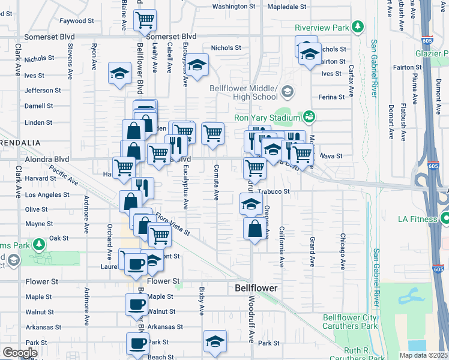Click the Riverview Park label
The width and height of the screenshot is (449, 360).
tap(322, 28)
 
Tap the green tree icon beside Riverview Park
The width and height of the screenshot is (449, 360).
tap(358, 27)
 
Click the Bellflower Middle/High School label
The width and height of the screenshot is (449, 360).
tap(244, 92)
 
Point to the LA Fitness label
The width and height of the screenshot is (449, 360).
tap(417, 219)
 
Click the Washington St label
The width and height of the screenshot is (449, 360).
tap(234, 7)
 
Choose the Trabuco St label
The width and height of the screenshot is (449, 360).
tap(278, 192)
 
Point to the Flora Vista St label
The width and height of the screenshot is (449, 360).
tap(172, 224)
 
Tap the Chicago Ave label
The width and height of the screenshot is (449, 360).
tap(342, 251)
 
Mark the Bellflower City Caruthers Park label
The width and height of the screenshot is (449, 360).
tap(350, 322)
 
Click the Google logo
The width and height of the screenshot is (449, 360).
tap(20, 353)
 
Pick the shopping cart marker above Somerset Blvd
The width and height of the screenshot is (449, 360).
tap(145, 20)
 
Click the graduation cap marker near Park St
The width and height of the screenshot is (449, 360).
tap(215, 341)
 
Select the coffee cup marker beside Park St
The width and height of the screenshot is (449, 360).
tap(137, 344)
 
